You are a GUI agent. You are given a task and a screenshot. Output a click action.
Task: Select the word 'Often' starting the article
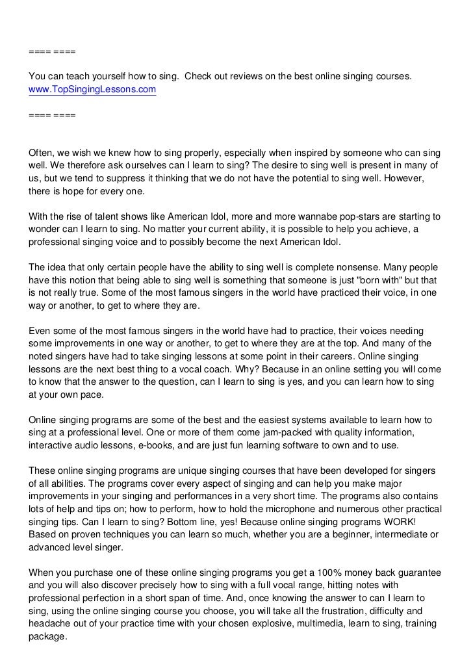[41, 153]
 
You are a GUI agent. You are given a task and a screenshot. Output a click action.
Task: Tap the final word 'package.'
[48, 637]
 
